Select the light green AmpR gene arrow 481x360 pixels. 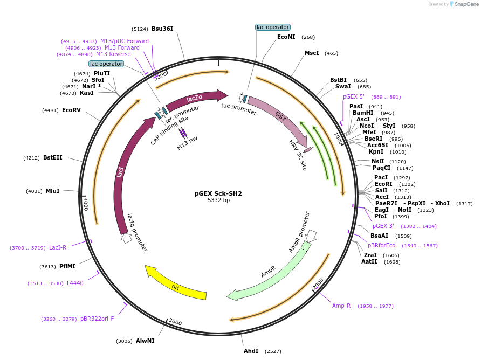pos(270,275)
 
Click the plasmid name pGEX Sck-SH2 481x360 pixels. pos(218,193)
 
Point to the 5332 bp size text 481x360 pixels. pos(218,200)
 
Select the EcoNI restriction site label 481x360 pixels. pos(286,37)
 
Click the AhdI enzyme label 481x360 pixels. pos(251,351)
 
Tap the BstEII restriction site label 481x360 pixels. pos(53,158)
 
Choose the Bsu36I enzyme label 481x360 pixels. pos(162,29)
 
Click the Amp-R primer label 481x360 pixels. pos(341,306)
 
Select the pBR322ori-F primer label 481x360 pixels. pos(97,319)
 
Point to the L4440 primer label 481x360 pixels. pos(75,283)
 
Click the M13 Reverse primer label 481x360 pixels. pos(113,54)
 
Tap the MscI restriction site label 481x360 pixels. pos(312,53)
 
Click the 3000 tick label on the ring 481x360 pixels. pos(175,322)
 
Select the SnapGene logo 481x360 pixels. pos(464,4)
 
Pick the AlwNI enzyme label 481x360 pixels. pos(145,341)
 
